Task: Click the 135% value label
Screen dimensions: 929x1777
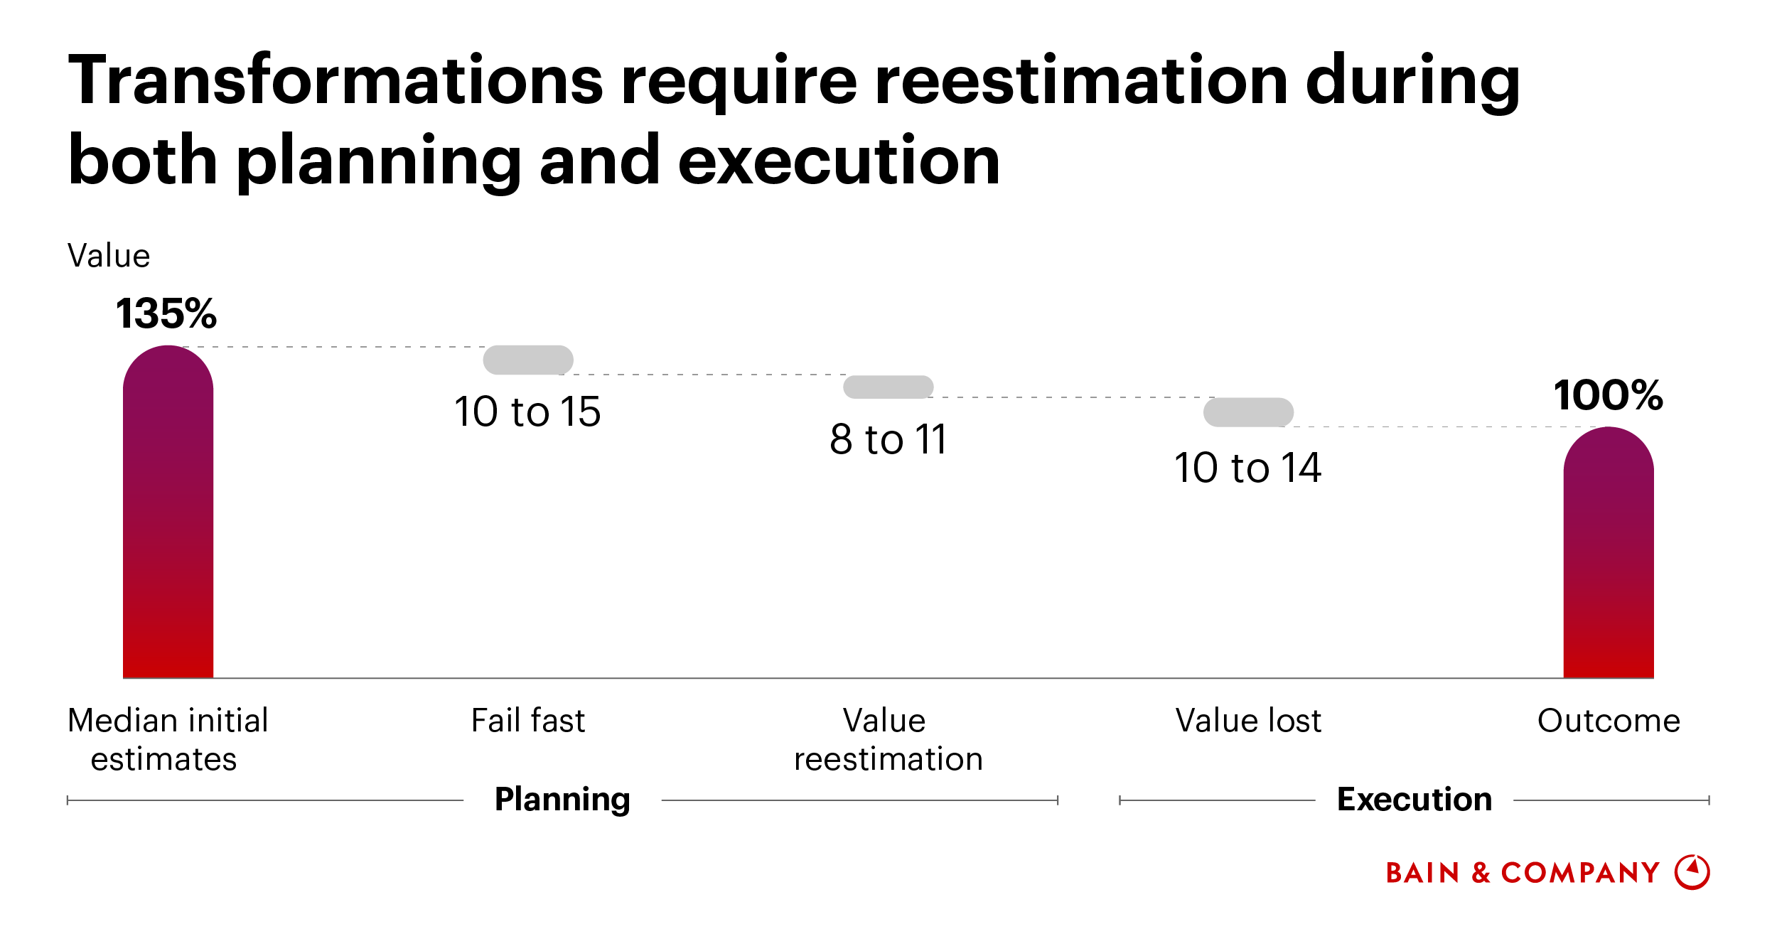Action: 166,313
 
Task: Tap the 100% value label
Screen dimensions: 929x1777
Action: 1608,395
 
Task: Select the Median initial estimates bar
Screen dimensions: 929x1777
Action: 168,512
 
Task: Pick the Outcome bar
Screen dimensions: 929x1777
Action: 1608,554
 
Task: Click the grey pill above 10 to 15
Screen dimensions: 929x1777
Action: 528,360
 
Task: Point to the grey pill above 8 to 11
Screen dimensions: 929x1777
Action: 888,387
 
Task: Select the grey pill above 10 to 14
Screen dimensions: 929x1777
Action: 1248,412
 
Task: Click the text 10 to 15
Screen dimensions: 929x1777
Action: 527,412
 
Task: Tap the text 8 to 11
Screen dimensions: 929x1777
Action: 888,439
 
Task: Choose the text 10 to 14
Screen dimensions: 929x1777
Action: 1247,468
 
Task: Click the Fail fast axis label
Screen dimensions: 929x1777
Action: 528,721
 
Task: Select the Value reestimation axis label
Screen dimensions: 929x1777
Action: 888,740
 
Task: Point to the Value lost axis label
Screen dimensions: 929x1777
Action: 1248,721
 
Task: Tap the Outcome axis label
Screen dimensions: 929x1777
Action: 1609,721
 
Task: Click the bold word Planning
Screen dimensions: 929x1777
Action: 562,799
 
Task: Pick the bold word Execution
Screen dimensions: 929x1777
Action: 1414,799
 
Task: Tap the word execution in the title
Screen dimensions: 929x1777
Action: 839,161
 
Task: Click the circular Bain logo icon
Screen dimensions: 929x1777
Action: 1692,872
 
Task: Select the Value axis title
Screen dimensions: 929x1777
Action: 109,256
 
